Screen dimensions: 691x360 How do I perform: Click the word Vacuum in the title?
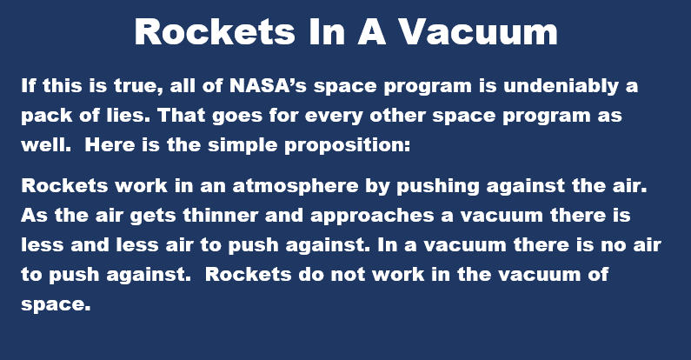coord(478,31)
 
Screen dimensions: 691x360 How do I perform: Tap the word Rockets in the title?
coord(215,31)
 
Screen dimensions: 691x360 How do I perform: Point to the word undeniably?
coord(561,86)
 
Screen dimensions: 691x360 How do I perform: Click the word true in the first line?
coord(136,86)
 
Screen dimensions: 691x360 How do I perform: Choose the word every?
coord(333,117)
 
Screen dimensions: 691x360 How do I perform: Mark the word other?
coord(397,115)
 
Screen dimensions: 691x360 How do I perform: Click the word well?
coord(46,144)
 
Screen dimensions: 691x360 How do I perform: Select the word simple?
coord(243,146)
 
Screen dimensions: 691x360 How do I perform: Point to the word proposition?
coord(348,146)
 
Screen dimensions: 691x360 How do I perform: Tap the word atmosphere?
coord(296,186)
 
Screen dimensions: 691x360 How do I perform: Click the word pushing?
coord(437,186)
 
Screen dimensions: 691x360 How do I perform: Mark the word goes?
coord(237,117)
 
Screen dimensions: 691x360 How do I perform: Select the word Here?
coord(110,144)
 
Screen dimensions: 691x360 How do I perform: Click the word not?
coord(348,275)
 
